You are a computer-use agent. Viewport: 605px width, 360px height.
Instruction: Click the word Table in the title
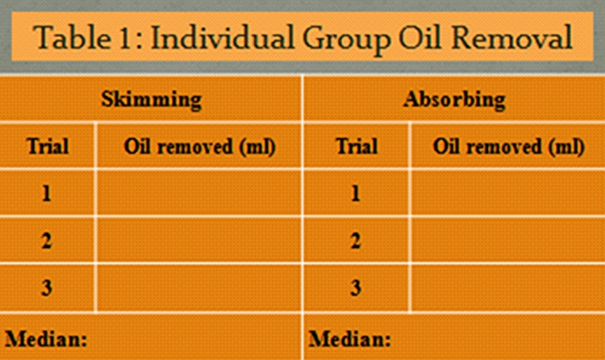72,37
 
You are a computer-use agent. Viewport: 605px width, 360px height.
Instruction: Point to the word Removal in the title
511,37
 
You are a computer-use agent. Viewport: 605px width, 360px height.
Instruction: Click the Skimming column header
152,99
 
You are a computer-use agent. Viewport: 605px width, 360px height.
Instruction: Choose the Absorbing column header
454,99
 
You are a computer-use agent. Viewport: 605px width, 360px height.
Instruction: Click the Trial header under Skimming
48,146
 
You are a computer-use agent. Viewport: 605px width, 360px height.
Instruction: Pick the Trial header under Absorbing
357,146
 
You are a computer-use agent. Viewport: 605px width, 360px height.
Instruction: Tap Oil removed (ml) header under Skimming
200,147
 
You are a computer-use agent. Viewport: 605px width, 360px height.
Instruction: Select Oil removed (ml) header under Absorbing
509,147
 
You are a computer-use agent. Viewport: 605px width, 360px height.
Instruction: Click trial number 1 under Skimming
47,193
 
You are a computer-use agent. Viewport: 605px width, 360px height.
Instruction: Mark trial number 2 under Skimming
47,241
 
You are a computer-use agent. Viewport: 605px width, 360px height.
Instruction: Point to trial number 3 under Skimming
47,288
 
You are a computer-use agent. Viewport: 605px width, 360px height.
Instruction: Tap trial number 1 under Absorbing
356,193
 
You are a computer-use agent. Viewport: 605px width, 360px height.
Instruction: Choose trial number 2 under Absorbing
356,241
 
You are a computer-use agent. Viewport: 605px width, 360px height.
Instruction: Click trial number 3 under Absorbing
356,288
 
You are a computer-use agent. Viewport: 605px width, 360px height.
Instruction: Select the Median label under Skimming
46,339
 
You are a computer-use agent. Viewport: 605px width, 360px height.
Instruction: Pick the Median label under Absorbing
350,339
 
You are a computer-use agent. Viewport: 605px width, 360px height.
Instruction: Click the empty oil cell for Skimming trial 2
199,241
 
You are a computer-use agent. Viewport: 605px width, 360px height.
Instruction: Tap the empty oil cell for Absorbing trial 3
507,288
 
